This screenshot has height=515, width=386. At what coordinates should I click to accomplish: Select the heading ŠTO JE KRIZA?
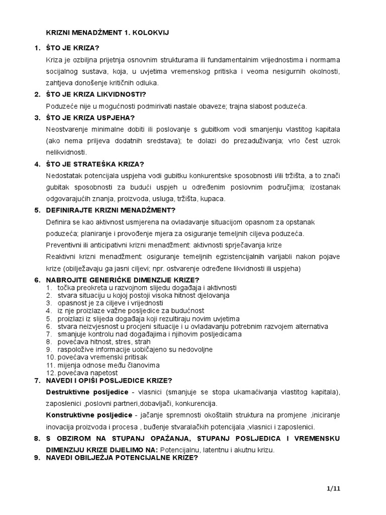tap(73, 48)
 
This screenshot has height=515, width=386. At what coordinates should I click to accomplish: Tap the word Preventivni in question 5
tap(63, 245)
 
